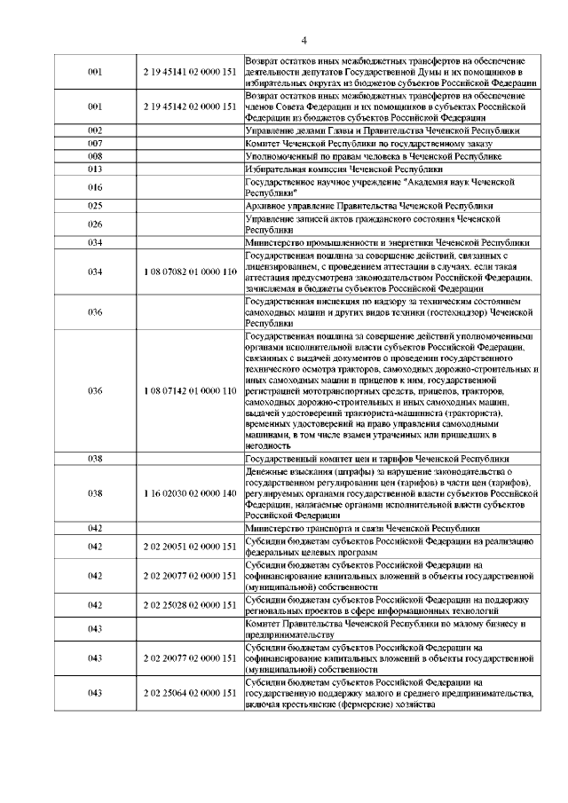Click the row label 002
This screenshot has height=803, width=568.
click(96, 130)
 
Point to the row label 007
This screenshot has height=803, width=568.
click(96, 142)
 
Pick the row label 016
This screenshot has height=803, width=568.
click(96, 186)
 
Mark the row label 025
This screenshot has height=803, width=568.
click(96, 205)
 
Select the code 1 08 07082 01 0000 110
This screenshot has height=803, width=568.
click(188, 271)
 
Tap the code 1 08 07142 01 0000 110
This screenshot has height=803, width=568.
click(188, 390)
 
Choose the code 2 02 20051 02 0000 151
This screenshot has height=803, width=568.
click(188, 546)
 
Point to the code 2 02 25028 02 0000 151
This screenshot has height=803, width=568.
click(188, 604)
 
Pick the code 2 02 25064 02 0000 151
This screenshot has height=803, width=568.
click(188, 692)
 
